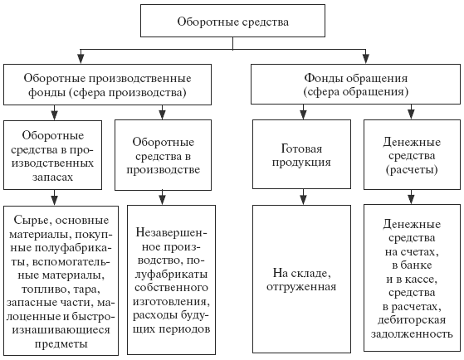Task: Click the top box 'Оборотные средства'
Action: click(232, 21)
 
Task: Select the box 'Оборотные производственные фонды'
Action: click(107, 85)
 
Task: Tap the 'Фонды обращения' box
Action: click(356, 85)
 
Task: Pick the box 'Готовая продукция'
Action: click(301, 154)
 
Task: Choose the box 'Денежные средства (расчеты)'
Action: click(412, 155)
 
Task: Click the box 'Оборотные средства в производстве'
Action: click(163, 155)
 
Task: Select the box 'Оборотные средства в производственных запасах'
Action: click(52, 155)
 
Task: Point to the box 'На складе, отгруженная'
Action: click(301, 280)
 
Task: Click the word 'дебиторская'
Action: click(412, 320)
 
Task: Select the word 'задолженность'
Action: click(412, 333)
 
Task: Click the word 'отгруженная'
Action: click(301, 286)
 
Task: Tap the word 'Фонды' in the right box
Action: click(324, 78)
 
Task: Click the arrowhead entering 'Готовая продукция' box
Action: click(303, 115)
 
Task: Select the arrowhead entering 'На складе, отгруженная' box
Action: click(303, 201)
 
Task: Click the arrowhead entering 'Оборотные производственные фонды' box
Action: click(81, 59)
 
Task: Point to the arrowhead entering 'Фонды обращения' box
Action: click(366, 59)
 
